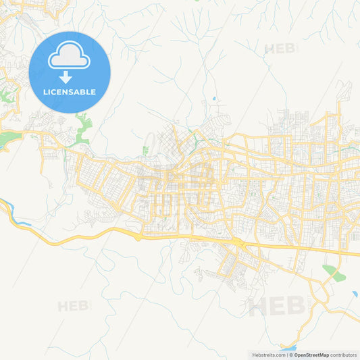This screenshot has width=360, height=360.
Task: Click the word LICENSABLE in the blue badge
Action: click(x=70, y=92)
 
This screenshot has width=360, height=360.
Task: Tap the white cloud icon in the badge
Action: click(x=69, y=57)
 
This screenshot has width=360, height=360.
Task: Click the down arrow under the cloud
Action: click(x=66, y=76)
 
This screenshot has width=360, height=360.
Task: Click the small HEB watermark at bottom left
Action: click(x=73, y=306)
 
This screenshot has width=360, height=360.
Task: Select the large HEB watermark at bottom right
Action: click(x=277, y=306)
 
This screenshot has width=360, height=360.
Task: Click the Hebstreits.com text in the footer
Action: click(x=269, y=355)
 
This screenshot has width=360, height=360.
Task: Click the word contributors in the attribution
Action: click(x=344, y=355)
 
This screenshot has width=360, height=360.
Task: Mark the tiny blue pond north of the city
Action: click(x=215, y=99)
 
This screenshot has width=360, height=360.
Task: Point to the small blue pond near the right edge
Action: click(x=355, y=294)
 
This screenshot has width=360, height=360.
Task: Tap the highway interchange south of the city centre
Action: click(x=238, y=242)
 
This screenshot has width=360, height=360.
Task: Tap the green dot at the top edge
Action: click(x=197, y=1)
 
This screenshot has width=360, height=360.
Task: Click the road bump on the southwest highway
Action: click(x=138, y=237)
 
